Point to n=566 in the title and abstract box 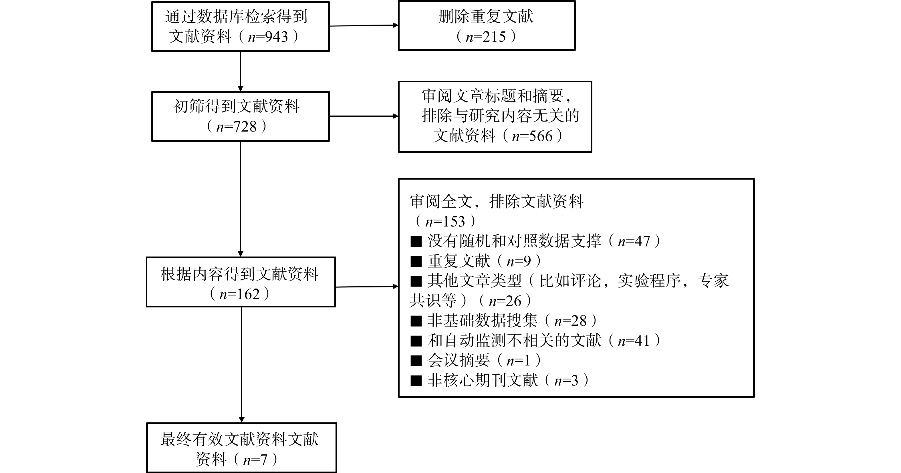[x=532, y=136]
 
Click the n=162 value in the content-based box [x=240, y=294]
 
